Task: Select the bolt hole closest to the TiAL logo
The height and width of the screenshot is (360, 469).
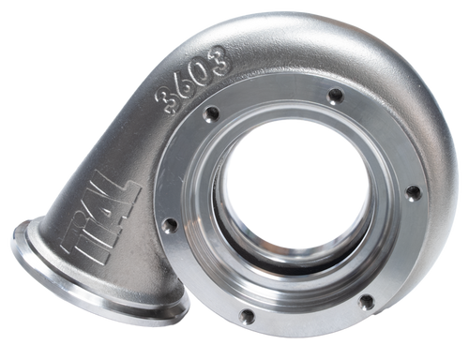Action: [169, 225]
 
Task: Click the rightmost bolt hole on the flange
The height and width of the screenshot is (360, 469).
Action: [413, 192]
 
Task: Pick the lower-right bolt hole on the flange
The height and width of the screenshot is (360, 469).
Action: [366, 300]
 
